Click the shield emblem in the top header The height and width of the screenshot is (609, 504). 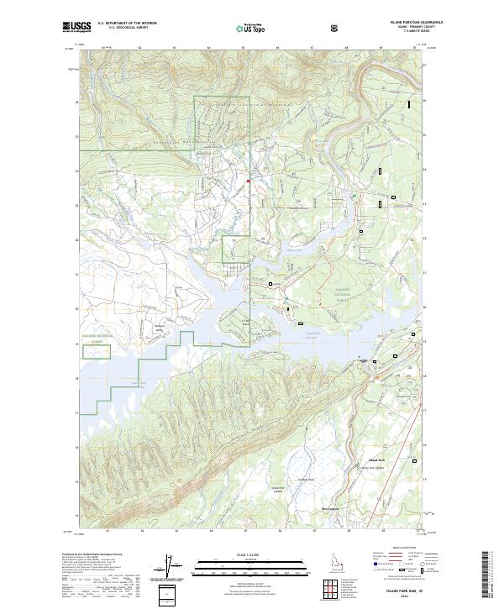point(335,28)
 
